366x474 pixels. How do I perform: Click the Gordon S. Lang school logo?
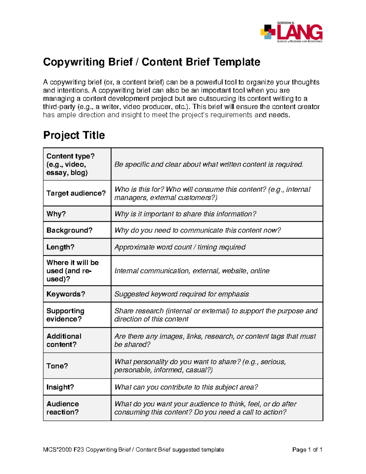tap(291, 32)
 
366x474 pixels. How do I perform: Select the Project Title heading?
tap(74, 135)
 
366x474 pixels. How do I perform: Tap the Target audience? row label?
tap(76, 193)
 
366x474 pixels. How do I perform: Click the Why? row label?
tap(56, 214)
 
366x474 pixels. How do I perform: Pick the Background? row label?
tap(69, 230)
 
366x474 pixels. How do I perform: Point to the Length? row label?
tap(60, 247)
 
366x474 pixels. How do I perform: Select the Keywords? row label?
tap(66, 294)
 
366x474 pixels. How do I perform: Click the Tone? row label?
tap(57, 366)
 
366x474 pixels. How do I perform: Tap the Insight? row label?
tap(60, 387)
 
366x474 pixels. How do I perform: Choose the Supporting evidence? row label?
tap(65, 315)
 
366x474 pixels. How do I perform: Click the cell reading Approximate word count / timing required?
tap(180, 247)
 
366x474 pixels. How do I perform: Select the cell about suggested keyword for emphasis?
tap(181, 294)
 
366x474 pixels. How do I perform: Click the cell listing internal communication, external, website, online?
tap(192, 271)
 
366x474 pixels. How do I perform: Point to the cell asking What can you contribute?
tap(186, 387)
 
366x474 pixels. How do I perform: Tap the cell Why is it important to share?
tap(185, 214)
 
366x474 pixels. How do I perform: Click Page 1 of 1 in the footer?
tap(307, 450)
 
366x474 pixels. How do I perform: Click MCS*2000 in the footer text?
tap(57, 450)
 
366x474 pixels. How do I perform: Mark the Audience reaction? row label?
tap(63, 408)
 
